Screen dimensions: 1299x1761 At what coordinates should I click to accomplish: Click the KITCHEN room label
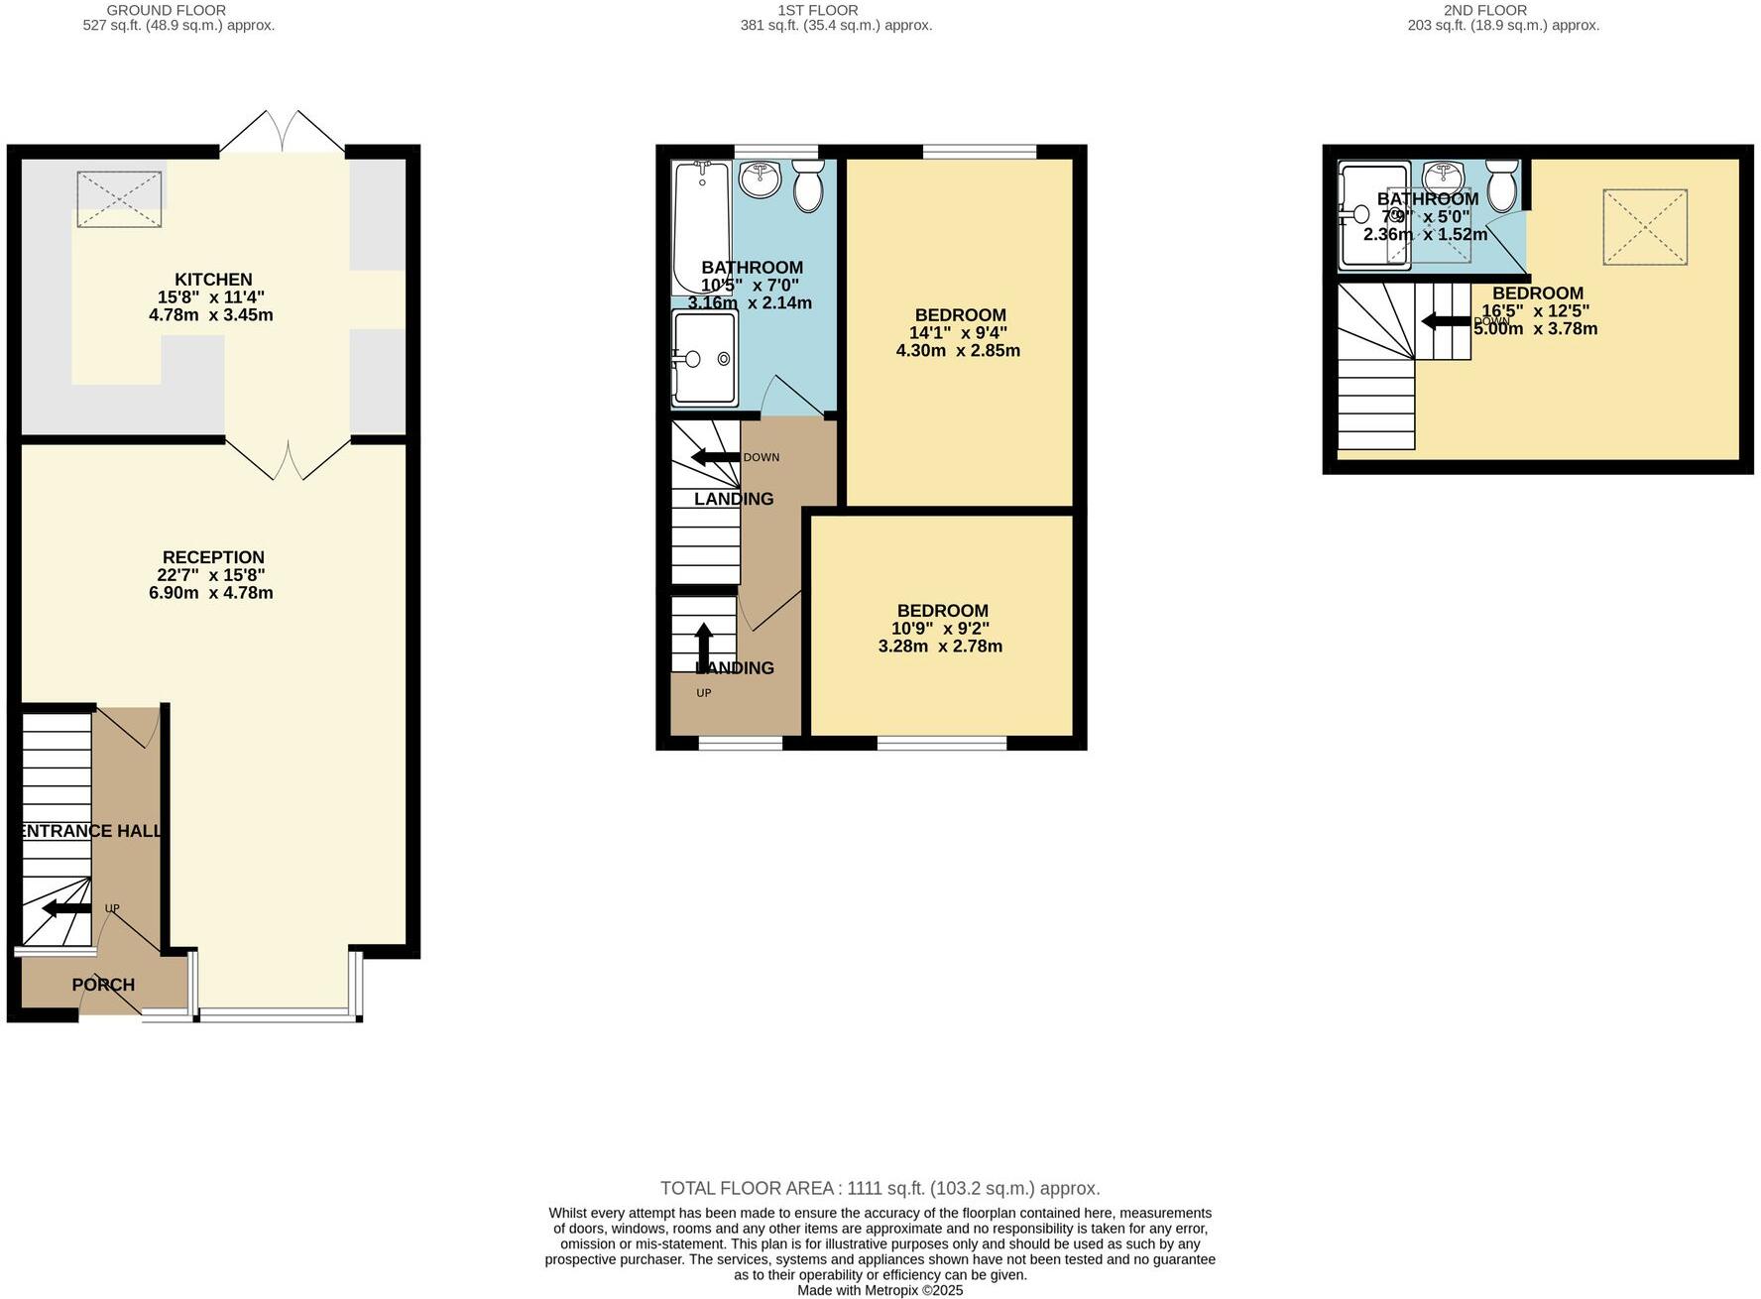tap(213, 280)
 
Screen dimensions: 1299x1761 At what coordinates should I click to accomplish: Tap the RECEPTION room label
tap(213, 557)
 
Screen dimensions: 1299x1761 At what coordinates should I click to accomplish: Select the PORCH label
tap(103, 985)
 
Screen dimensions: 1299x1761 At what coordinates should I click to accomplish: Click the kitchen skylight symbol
tap(119, 199)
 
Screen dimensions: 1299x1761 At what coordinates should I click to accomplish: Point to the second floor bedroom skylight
tap(1645, 227)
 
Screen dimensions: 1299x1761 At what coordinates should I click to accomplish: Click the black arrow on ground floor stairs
tap(66, 908)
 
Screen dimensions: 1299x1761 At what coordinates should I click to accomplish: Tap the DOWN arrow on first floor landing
tap(715, 457)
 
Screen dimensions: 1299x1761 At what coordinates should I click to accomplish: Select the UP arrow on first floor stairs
tap(703, 648)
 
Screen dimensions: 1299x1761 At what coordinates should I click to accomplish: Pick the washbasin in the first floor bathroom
tap(761, 179)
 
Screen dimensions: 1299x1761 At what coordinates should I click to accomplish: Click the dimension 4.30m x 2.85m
tap(958, 350)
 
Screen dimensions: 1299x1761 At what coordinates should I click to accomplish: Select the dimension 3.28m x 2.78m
tap(940, 647)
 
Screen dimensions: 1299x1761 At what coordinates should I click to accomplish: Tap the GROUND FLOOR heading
tap(167, 10)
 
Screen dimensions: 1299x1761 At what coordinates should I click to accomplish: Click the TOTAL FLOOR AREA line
tap(880, 1188)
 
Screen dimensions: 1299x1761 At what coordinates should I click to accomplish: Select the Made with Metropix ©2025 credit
tap(880, 1290)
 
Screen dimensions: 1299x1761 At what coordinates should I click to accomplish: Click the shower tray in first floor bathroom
tap(705, 358)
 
